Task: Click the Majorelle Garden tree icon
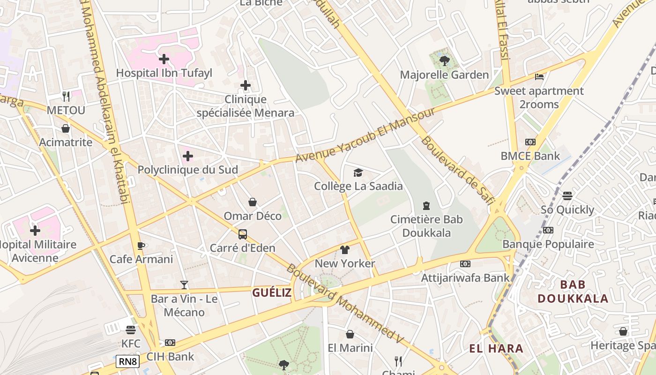444,60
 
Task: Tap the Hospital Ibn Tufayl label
164,73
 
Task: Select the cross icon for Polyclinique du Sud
188,156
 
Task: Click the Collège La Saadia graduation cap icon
358,172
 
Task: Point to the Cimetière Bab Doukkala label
426,226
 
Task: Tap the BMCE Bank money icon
530,142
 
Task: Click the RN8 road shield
128,361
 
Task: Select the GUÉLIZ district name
272,293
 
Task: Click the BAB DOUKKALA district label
573,292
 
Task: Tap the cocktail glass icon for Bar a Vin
184,285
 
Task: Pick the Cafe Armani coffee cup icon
141,246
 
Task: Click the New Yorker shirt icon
345,250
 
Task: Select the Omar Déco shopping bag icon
253,202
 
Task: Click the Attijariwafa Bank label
465,278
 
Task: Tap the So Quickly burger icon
567,196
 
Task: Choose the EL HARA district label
496,348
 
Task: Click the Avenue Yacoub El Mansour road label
365,135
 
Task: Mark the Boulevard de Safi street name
457,171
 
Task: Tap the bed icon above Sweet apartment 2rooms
539,76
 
